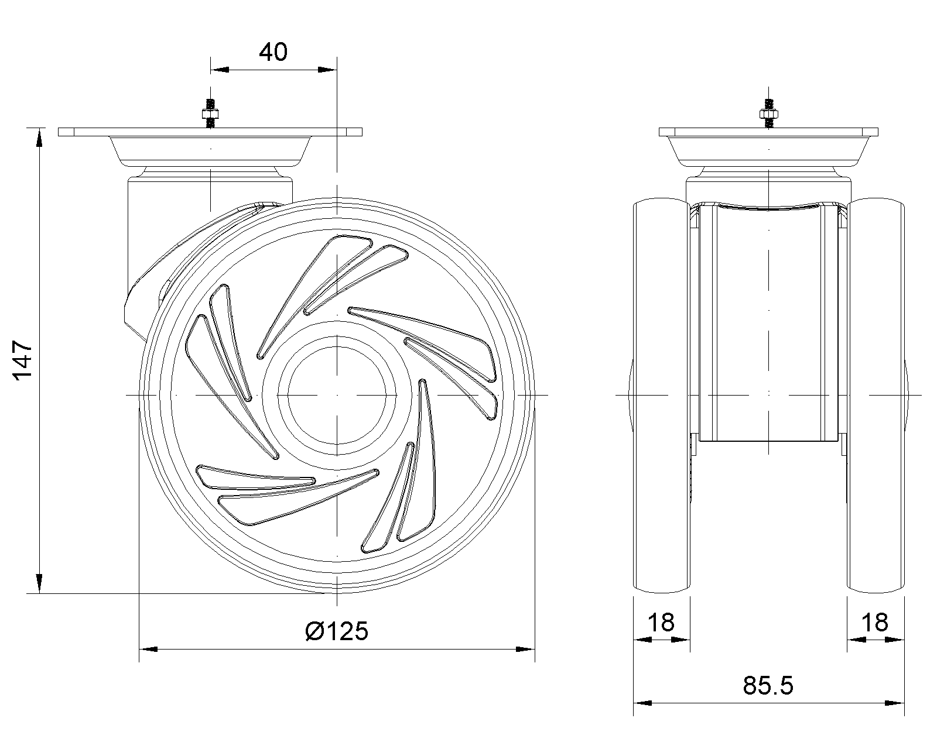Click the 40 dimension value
pyautogui.click(x=273, y=52)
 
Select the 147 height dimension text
pyautogui.click(x=23, y=361)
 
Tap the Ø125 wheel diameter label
pyautogui.click(x=337, y=631)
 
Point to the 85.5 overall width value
pyautogui.click(x=768, y=685)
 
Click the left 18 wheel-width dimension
pyautogui.click(x=661, y=622)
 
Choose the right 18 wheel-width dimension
pyautogui.click(x=875, y=622)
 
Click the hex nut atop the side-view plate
pyautogui.click(x=210, y=114)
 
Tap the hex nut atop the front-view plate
pyautogui.click(x=769, y=114)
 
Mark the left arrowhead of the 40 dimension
pyautogui.click(x=220, y=70)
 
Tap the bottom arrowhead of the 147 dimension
pyautogui.click(x=39, y=583)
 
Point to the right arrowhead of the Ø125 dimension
pyautogui.click(x=525, y=650)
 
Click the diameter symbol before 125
pyautogui.click(x=313, y=631)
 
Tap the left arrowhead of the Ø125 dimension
pyautogui.click(x=148, y=650)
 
